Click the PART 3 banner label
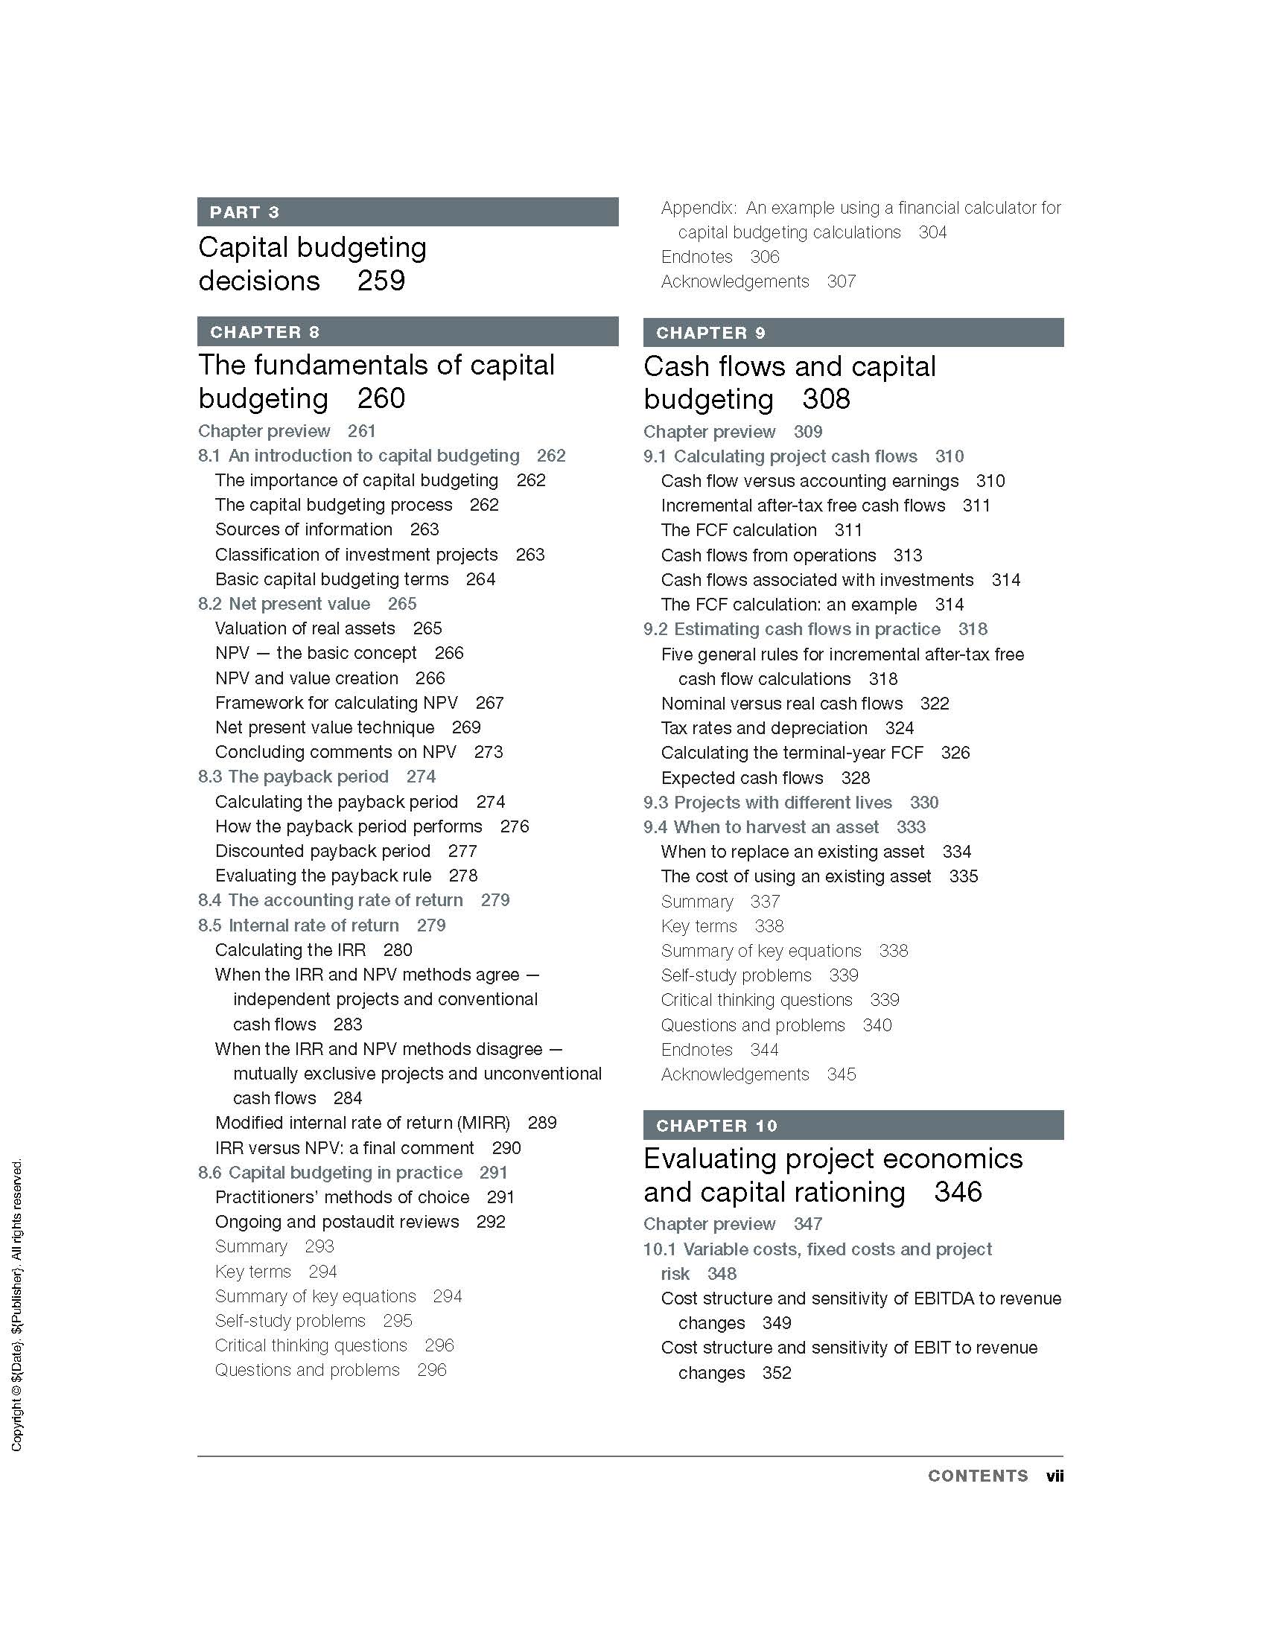tap(244, 212)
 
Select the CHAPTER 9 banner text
tap(710, 333)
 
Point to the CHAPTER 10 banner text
tap(716, 1126)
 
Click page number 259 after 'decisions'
tap(381, 281)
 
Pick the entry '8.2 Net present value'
tap(284, 604)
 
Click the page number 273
tap(489, 751)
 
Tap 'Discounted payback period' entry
tap(322, 850)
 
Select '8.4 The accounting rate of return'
tap(331, 900)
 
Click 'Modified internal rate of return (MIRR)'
tap(362, 1123)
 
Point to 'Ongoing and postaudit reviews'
tap(337, 1222)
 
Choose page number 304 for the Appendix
tap(932, 232)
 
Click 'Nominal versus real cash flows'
tap(781, 704)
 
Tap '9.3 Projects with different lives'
tap(768, 803)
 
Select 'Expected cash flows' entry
tap(742, 778)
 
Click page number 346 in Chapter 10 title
tap(958, 1192)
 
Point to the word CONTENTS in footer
tap(978, 1476)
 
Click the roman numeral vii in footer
tap(1055, 1476)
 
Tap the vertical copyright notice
tap(17, 1305)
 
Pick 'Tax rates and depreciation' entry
tap(763, 728)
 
